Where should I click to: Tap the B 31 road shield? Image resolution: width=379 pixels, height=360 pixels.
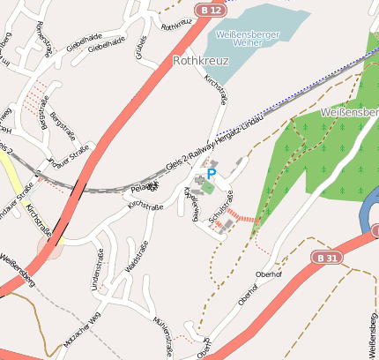[325, 257]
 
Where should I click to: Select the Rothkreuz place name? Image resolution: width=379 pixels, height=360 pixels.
[201, 62]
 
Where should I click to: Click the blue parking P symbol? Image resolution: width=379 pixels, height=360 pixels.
[212, 175]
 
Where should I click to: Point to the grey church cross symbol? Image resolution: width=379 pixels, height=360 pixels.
[199, 180]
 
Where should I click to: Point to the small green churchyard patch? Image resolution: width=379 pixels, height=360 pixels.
[207, 187]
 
